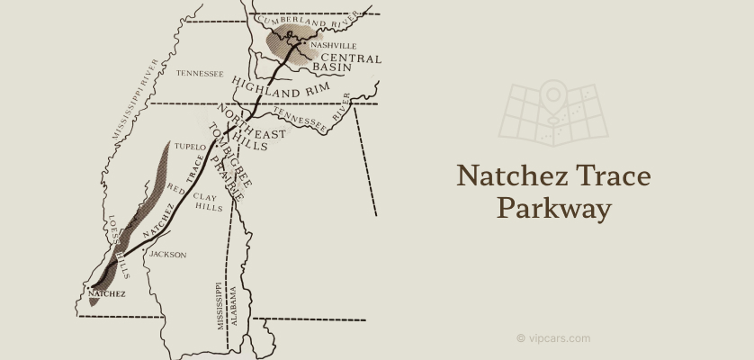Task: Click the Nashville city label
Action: click(333, 45)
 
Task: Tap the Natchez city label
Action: click(107, 293)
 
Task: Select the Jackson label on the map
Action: click(167, 255)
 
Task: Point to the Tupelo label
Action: click(190, 145)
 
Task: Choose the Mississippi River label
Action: click(135, 99)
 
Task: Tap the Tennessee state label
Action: click(200, 74)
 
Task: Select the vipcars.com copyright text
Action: click(553, 338)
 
